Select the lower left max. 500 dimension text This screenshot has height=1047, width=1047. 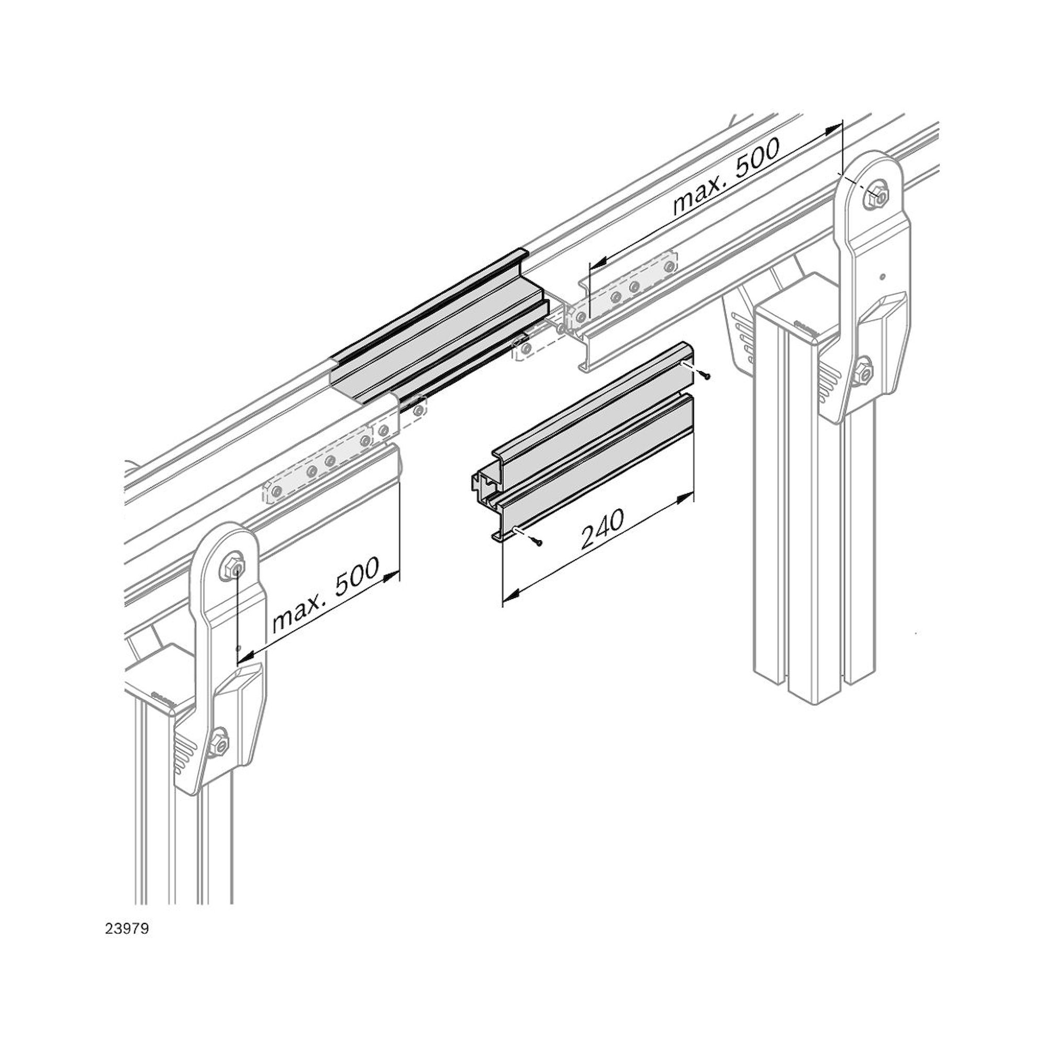coord(325,596)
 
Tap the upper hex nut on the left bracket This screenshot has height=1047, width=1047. coord(233,566)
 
